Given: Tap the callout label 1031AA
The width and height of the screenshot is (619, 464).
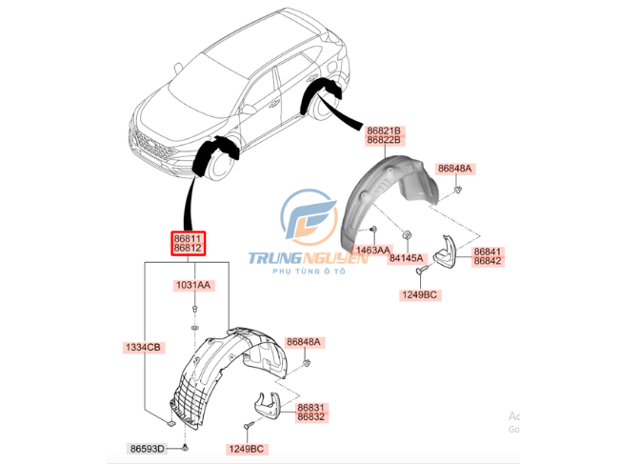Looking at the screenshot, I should coord(193,285).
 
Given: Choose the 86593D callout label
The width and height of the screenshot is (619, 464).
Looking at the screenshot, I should coord(149,448).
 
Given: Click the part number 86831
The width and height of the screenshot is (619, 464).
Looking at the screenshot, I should coord(310,405).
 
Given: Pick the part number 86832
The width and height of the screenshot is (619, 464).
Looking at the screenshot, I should coord(310,416).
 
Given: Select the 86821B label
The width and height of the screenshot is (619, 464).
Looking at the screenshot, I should coord(387,131).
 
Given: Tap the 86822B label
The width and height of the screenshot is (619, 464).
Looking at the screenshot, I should coord(387,142).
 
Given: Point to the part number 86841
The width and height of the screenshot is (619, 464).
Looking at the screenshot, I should coord(488,252).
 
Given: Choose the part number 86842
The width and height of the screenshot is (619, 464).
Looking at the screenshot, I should coord(488,264).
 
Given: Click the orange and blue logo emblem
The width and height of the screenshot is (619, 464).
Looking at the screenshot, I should coord(308,215).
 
